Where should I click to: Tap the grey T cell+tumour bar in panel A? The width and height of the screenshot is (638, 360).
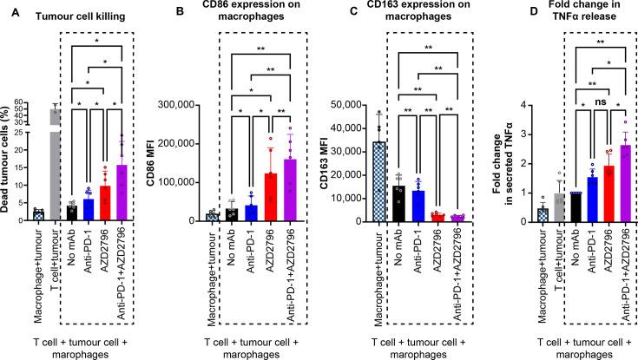(x=55, y=165)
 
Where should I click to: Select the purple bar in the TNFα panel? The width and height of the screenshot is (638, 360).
(x=598, y=183)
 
